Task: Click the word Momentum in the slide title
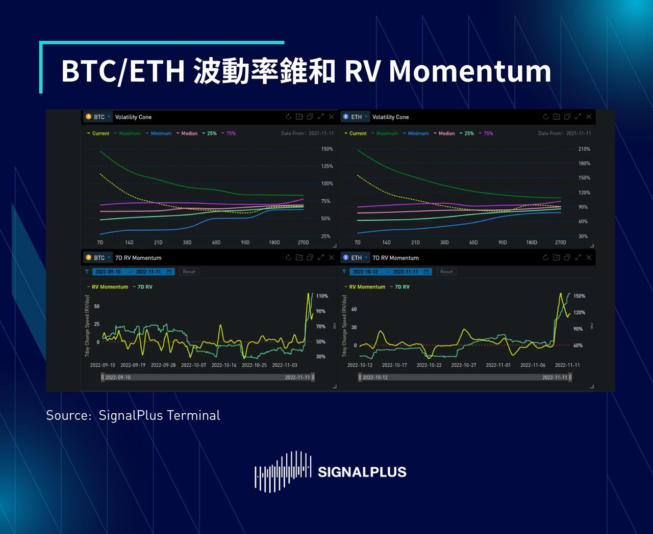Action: (470, 71)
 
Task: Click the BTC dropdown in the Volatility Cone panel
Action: (98, 117)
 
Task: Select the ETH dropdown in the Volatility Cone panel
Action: (356, 117)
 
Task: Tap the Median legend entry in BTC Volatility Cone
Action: (189, 133)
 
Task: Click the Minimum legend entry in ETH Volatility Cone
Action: (418, 133)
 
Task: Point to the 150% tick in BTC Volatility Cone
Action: (327, 149)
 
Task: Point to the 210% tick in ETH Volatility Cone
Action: (584, 149)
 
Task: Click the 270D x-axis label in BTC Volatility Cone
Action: (303, 243)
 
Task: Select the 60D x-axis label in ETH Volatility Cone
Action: (473, 243)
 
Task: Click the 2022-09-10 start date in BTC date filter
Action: (108, 272)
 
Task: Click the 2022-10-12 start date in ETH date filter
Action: (365, 272)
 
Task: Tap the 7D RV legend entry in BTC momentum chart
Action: (145, 287)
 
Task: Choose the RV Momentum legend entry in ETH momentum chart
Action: (367, 287)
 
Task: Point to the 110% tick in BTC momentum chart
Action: (322, 296)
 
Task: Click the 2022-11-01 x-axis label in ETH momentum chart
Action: (498, 365)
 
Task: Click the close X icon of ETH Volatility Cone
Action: (589, 117)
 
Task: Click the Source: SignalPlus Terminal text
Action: (133, 415)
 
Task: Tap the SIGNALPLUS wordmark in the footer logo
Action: (362, 472)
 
